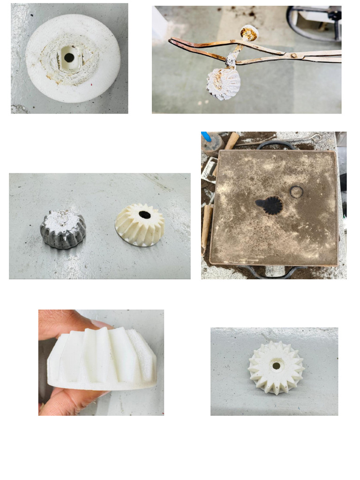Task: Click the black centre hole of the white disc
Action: click(x=69, y=58)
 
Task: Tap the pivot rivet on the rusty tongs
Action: click(x=294, y=55)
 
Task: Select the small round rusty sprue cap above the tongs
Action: click(x=249, y=33)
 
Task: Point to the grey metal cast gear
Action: click(x=63, y=229)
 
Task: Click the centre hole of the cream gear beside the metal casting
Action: click(x=145, y=215)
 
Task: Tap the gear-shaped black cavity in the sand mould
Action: click(x=270, y=205)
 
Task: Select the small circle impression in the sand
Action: click(x=296, y=192)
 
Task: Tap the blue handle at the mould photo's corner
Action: click(x=206, y=136)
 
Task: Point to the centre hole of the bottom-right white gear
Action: click(x=276, y=366)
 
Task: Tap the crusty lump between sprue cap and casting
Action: click(x=232, y=60)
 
